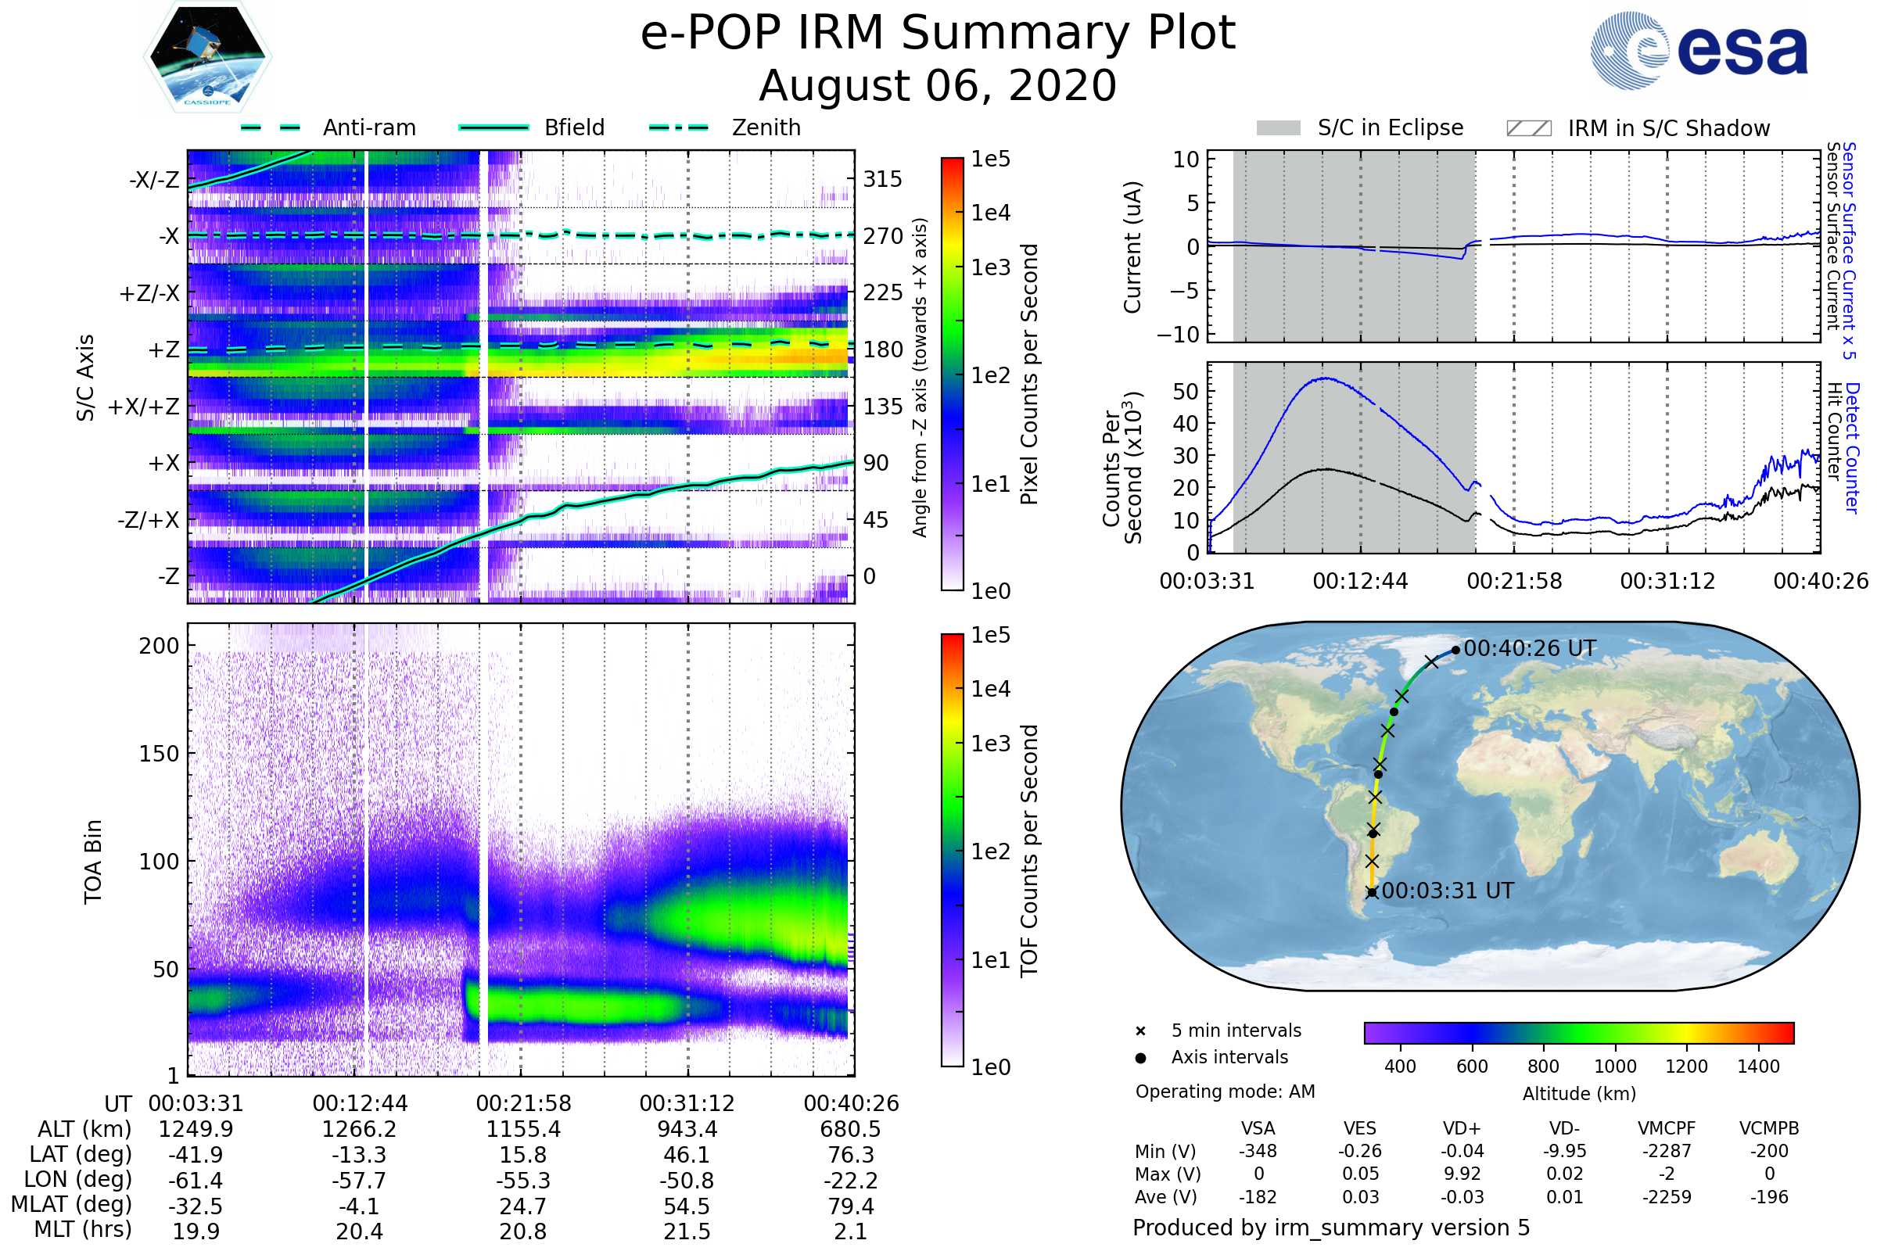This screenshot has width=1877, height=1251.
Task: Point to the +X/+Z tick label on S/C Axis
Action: tap(144, 407)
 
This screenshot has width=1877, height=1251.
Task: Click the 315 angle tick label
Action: tap(882, 179)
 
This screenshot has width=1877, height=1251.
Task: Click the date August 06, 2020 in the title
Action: tap(937, 85)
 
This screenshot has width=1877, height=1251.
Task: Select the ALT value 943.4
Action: tap(687, 1129)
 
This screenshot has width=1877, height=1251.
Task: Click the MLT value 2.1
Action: tap(851, 1231)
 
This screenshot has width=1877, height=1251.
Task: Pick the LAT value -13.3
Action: tap(359, 1155)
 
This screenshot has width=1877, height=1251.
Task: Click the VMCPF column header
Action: tap(1667, 1128)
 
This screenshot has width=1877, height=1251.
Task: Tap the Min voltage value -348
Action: tap(1258, 1150)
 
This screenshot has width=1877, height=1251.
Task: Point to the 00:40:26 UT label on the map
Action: tap(1530, 649)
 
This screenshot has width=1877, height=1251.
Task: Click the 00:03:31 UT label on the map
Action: tap(1448, 891)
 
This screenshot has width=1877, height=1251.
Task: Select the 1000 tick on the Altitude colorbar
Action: tap(1614, 1066)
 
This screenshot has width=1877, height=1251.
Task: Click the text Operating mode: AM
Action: tap(1225, 1091)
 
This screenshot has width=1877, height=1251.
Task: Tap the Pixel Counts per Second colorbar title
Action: tap(1028, 374)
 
